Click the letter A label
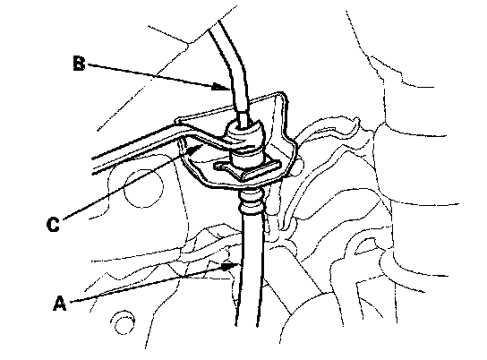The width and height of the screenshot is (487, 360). tap(60, 304)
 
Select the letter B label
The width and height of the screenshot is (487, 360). tap(79, 63)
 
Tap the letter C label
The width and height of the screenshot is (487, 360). tap(53, 224)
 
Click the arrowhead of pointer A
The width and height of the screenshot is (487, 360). tap(231, 266)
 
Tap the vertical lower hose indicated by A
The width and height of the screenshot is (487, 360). tap(251, 267)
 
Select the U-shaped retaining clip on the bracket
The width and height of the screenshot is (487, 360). tap(249, 170)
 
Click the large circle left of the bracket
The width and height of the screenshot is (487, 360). tap(143, 189)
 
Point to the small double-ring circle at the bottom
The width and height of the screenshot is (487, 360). tap(123, 321)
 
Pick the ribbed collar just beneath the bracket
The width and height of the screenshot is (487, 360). tap(251, 201)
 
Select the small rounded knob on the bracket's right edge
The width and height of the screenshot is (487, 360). tap(299, 167)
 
